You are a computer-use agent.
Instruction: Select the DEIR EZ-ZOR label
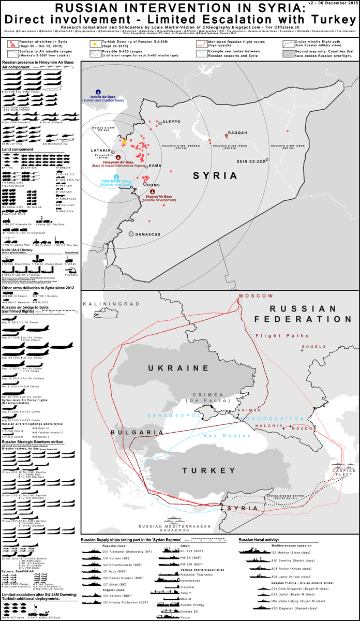(250, 160)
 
